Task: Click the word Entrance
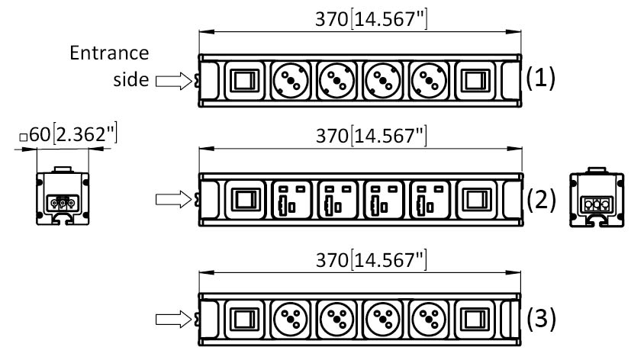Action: (x=109, y=53)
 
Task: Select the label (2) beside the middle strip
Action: (x=541, y=200)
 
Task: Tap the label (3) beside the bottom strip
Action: (x=541, y=318)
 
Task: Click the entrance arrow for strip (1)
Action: (x=173, y=80)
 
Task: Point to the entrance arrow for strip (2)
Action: (x=173, y=199)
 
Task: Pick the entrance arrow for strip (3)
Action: (x=173, y=319)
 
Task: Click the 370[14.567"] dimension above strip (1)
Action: (x=371, y=19)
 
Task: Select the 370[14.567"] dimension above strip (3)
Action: (x=371, y=260)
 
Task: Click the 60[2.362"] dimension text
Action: (x=73, y=134)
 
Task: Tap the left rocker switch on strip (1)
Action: (x=245, y=80)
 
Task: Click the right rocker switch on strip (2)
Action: (x=477, y=200)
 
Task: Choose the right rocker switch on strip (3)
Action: (x=475, y=320)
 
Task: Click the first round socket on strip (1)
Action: (x=291, y=80)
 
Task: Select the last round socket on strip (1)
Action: (x=429, y=80)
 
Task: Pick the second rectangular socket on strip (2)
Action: (x=337, y=200)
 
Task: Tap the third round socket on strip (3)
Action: (x=382, y=320)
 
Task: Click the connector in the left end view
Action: (x=63, y=203)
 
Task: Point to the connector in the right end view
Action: (x=597, y=204)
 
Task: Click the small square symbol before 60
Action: (x=24, y=137)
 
